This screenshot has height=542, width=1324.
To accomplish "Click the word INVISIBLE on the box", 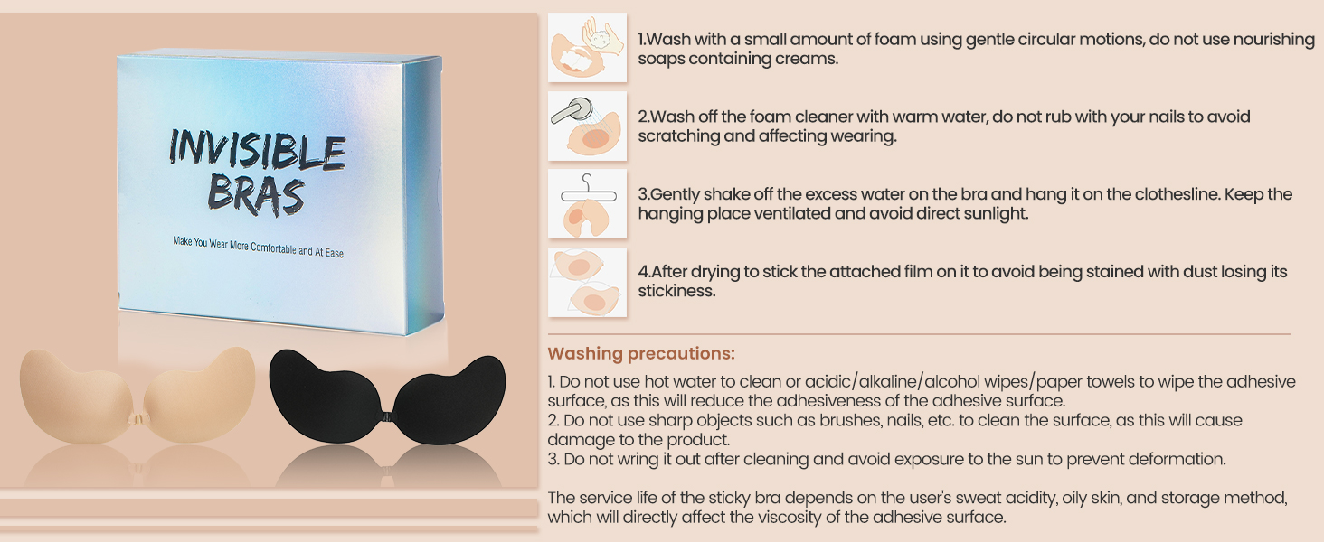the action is (257, 149).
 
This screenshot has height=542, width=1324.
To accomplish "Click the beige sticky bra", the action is (137, 395).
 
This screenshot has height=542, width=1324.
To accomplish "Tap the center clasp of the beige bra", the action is (137, 420).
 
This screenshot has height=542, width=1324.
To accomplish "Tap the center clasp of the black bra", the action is (387, 416).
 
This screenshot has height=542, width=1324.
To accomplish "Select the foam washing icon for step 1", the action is (587, 47).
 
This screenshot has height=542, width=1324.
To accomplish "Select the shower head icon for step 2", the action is (587, 126).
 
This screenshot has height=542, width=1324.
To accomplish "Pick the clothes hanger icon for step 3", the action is (587, 203).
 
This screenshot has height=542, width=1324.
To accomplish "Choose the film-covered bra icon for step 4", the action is (587, 282).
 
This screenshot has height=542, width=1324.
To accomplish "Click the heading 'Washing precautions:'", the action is (641, 354).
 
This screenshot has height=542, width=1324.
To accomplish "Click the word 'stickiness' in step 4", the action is (675, 291).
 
